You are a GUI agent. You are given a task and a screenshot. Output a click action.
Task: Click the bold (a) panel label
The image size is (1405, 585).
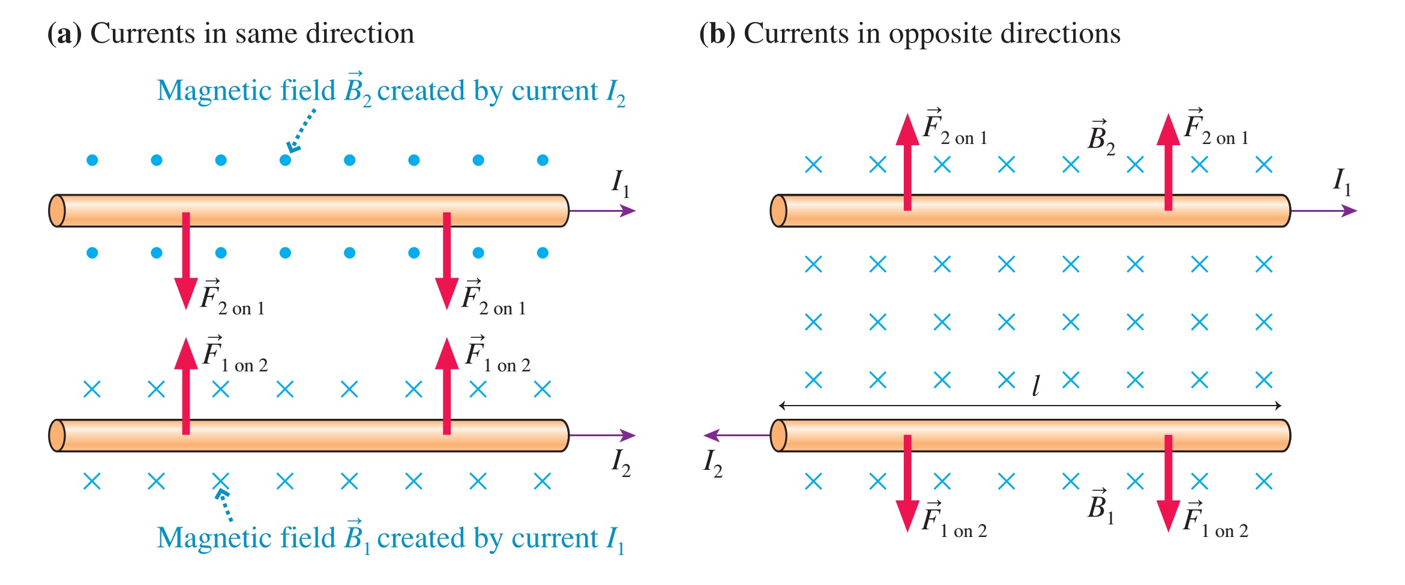(64, 34)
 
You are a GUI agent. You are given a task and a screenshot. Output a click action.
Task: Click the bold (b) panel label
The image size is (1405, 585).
(717, 34)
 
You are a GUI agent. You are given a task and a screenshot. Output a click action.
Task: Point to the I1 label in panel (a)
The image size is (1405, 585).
(620, 182)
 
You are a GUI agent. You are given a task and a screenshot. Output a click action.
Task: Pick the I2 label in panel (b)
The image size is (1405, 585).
(712, 463)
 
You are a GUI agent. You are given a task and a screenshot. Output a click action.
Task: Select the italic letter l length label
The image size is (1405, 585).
(1035, 386)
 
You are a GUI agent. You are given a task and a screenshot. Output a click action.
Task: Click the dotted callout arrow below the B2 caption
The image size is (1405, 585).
(301, 130)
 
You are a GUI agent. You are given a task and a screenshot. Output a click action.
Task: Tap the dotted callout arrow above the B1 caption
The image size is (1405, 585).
(224, 505)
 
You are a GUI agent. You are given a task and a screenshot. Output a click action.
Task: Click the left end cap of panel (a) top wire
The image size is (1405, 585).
(57, 211)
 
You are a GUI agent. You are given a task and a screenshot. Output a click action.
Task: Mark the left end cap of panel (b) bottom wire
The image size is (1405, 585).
(778, 435)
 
